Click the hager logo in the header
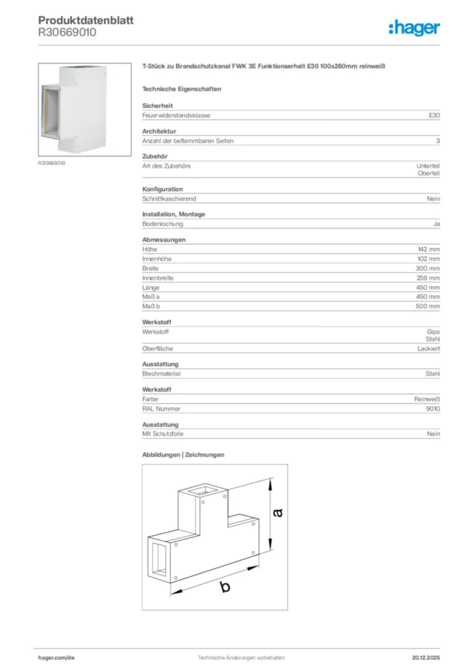[414, 27]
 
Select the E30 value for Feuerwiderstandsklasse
[434, 115]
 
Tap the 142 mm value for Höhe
[429, 250]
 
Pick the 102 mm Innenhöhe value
[429, 259]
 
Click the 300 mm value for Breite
[428, 269]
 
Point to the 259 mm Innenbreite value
[428, 278]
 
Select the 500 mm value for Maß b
[428, 307]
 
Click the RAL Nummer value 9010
[432, 408]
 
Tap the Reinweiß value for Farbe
[427, 398]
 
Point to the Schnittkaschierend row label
[169, 199]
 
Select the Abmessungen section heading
[164, 240]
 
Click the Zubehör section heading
[155, 157]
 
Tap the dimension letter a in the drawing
[278, 512]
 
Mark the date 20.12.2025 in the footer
[426, 657]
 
